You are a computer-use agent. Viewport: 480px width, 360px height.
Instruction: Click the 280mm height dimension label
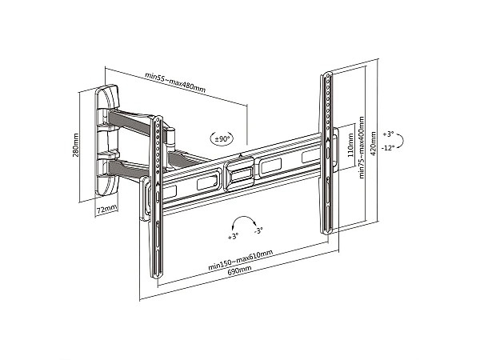(x=76, y=145)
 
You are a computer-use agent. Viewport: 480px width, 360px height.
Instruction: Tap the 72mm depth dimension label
(x=106, y=210)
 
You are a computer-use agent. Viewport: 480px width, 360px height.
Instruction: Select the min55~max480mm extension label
(x=175, y=82)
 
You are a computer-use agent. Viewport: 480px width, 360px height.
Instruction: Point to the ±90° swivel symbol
(x=222, y=138)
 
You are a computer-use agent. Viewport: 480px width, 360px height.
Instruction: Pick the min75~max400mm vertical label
(x=362, y=147)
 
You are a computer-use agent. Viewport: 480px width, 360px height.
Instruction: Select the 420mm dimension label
(x=373, y=143)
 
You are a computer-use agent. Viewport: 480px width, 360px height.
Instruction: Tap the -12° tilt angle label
(x=387, y=148)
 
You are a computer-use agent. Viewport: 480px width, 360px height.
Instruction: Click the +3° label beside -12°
(x=388, y=134)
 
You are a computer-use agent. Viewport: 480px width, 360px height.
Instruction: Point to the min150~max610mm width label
(x=240, y=260)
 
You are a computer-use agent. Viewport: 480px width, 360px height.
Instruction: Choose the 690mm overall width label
(x=240, y=270)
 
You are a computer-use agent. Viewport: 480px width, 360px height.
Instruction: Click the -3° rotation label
(x=258, y=230)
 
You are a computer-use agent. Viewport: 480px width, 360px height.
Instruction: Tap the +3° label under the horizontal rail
(x=233, y=236)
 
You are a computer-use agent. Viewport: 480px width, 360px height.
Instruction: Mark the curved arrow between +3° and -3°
(x=244, y=217)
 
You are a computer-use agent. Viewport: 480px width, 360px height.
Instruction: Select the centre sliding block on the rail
(x=239, y=174)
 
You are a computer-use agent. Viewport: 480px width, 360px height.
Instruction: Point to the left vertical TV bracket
(x=157, y=197)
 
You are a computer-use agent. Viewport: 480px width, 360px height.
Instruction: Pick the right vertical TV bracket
(x=327, y=153)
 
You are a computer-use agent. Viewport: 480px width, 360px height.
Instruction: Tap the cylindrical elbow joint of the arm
(x=171, y=138)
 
